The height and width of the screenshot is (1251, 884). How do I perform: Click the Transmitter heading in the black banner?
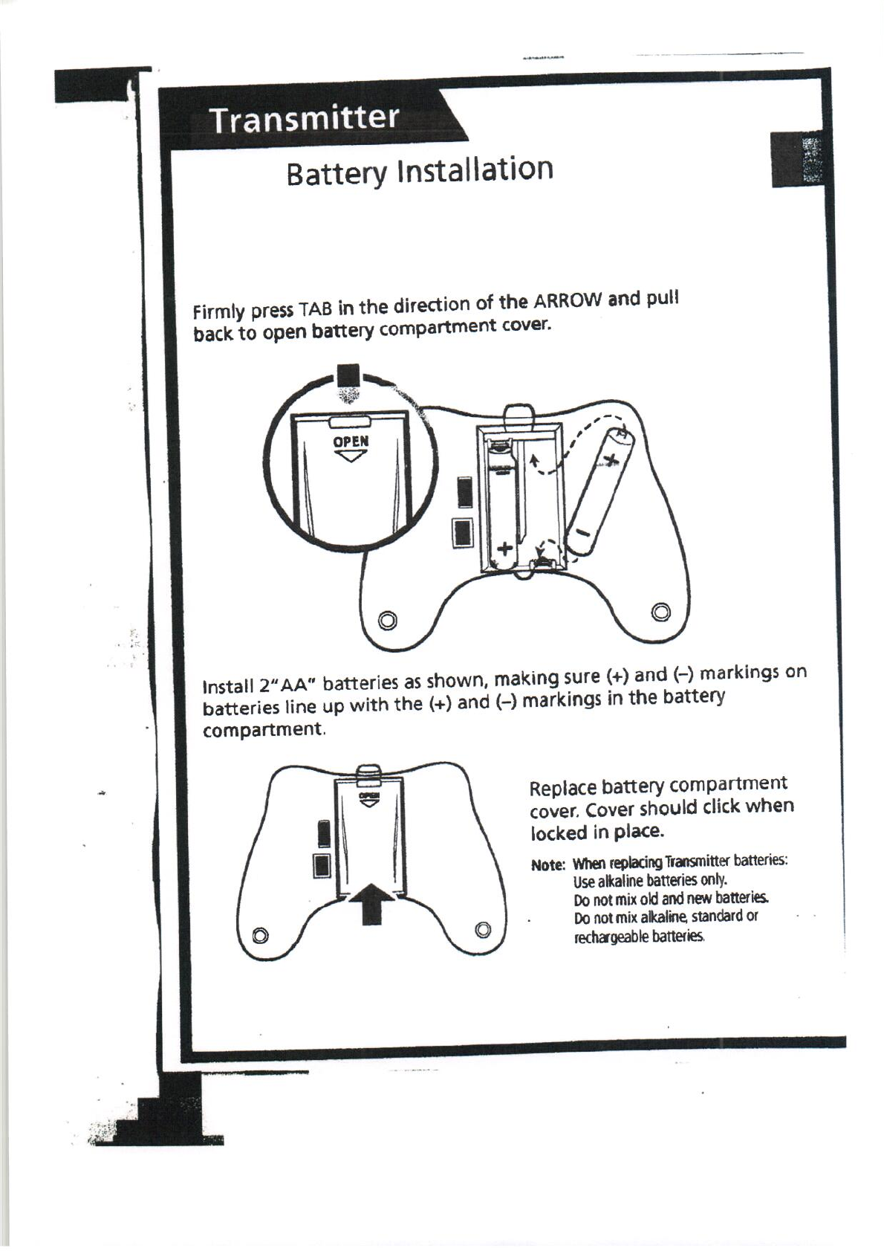coord(305,119)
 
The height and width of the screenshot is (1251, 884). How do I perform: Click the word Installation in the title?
coord(476,170)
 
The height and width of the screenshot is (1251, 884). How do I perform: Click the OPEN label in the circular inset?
coord(351,441)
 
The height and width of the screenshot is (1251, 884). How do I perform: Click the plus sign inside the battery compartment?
coord(505,549)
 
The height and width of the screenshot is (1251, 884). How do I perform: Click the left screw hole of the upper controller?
coord(386,619)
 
